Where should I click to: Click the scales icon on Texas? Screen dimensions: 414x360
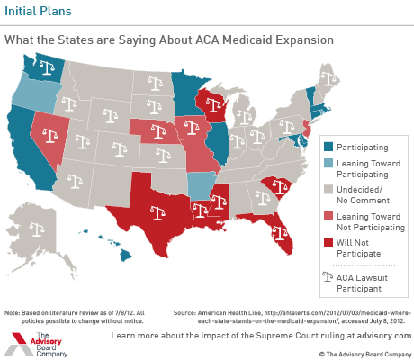tap(157, 213)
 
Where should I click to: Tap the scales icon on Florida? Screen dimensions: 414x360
tap(279, 233)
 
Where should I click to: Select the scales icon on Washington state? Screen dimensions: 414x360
tap(47, 67)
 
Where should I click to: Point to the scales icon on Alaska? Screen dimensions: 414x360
tap(37, 229)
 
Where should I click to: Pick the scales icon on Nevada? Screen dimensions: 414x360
tap(49, 135)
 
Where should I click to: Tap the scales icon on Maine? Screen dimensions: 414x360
tap(329, 78)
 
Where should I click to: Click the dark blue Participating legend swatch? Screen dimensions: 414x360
tap(328, 147)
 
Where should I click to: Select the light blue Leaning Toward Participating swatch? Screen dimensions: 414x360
tap(328, 163)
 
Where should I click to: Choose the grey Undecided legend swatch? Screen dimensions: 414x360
tap(328, 189)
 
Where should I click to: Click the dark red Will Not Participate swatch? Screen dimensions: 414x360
tap(328, 242)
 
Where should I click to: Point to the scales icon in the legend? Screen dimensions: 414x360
tap(328, 276)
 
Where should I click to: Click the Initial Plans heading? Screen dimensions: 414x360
tap(38, 11)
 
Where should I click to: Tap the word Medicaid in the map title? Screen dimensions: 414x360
tap(247, 40)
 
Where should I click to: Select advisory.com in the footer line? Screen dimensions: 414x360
tap(384, 335)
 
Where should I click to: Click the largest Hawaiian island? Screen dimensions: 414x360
tap(126, 256)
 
